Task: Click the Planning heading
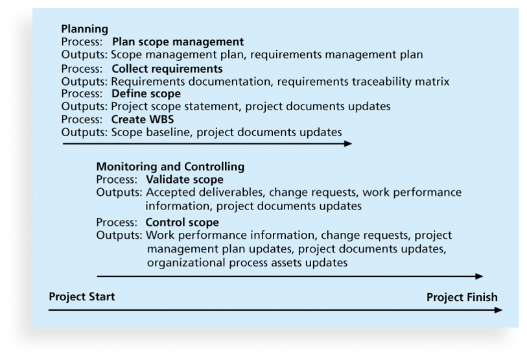click(85, 29)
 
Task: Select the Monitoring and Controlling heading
click(170, 167)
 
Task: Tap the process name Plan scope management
click(178, 42)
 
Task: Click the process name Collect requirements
click(167, 69)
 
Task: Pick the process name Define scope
click(146, 93)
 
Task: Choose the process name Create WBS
click(143, 119)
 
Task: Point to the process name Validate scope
click(185, 180)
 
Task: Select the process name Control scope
click(182, 222)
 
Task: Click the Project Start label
click(82, 296)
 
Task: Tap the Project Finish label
click(462, 298)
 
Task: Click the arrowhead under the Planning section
click(348, 143)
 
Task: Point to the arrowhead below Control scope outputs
click(479, 276)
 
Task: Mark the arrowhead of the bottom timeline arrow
click(498, 310)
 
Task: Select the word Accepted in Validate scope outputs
click(170, 193)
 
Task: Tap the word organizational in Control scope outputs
click(187, 263)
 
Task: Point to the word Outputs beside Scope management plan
click(84, 55)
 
